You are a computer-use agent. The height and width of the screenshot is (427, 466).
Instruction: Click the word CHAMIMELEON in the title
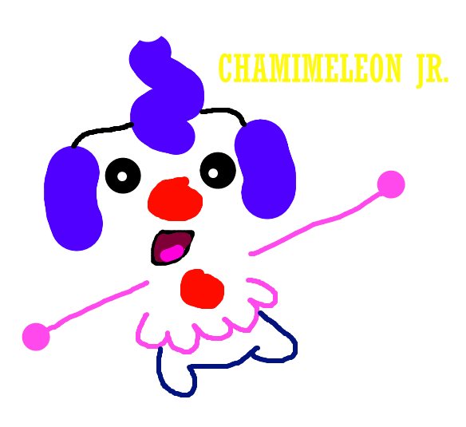tap(310, 68)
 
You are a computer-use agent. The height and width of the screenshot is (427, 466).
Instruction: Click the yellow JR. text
tap(432, 70)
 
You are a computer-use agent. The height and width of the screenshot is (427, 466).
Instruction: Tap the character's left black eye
tap(123, 176)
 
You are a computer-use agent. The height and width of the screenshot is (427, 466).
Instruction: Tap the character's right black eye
tap(218, 170)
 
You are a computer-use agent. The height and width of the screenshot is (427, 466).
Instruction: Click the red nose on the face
tap(175, 200)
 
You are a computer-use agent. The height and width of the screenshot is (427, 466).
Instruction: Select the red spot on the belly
tap(202, 289)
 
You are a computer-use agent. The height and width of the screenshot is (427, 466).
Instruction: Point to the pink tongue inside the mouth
tap(172, 253)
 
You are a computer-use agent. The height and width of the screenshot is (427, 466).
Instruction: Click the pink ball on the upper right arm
tap(391, 184)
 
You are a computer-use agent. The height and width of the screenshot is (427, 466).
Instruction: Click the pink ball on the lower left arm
tap(36, 337)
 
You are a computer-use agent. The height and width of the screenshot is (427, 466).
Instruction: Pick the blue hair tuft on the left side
tap(73, 198)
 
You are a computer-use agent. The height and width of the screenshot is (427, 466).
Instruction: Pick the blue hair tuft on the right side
tap(266, 169)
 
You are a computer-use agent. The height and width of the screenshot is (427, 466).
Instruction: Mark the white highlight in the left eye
tap(122, 176)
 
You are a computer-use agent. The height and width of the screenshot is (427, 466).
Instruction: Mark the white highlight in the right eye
tap(213, 172)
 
